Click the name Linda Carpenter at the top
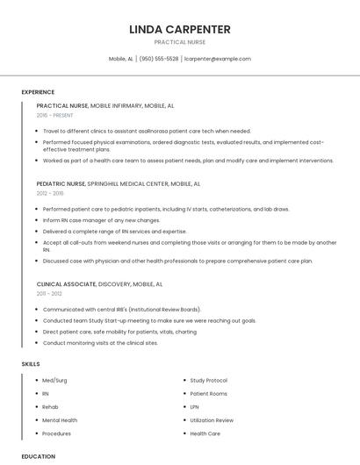(180, 29)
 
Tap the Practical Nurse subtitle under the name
(180, 42)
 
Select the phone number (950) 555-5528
(158, 59)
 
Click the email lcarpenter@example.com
(218, 59)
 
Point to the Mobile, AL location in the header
(121, 59)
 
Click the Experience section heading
(38, 92)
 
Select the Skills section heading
(31, 363)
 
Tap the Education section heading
(39, 456)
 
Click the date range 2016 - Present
(55, 115)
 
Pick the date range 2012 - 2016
(50, 193)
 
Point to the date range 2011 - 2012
(49, 294)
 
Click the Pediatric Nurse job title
(61, 183)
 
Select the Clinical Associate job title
(66, 284)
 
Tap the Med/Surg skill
(54, 381)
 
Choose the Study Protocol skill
(208, 381)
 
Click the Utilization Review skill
(212, 420)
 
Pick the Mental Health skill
(60, 420)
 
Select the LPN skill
(194, 407)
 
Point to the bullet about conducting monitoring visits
(100, 343)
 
